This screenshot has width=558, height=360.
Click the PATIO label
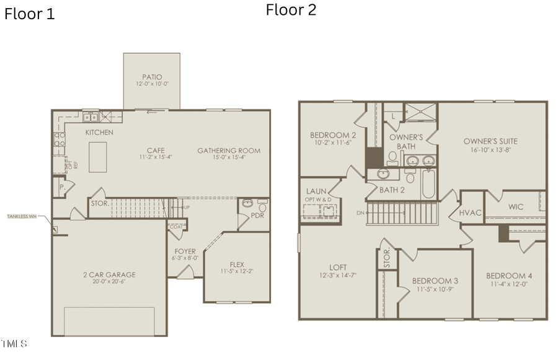[152, 77]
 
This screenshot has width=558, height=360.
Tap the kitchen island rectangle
[98, 157]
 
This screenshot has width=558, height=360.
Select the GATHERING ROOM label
[229, 151]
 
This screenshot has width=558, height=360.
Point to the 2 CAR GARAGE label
[109, 274]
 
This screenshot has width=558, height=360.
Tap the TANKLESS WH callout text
[22, 216]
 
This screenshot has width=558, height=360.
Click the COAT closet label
[175, 227]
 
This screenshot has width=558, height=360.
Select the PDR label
[258, 216]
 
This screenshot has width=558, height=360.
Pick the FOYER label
[185, 252]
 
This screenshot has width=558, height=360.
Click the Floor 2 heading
[291, 10]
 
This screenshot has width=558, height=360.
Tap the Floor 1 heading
[29, 14]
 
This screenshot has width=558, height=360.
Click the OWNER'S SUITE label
[490, 141]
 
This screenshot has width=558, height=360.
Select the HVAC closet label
[471, 213]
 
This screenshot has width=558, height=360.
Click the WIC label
[516, 207]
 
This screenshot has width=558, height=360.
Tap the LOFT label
[337, 267]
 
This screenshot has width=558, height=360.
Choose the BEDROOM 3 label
[435, 281]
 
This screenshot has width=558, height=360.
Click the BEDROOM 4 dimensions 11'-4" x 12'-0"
[508, 284]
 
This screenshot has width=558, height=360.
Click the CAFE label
[155, 150]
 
